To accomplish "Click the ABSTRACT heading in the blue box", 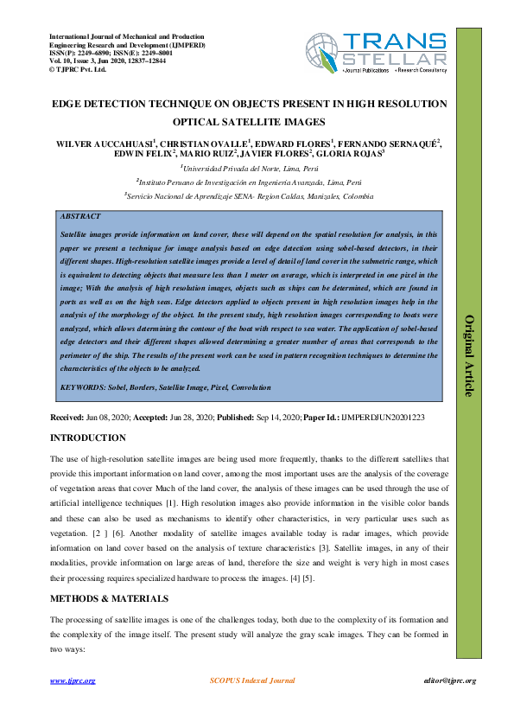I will click(79, 216).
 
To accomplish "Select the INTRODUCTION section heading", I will click(88, 438).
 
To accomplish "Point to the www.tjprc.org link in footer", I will click(73, 681).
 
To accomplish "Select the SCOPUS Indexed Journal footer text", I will click(253, 681).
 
